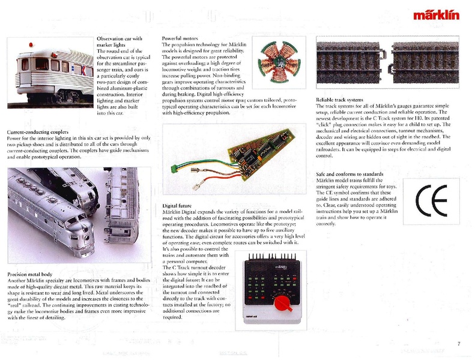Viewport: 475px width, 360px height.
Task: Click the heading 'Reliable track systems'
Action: coord(340,99)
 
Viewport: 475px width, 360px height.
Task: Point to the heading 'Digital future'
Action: coord(178,206)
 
